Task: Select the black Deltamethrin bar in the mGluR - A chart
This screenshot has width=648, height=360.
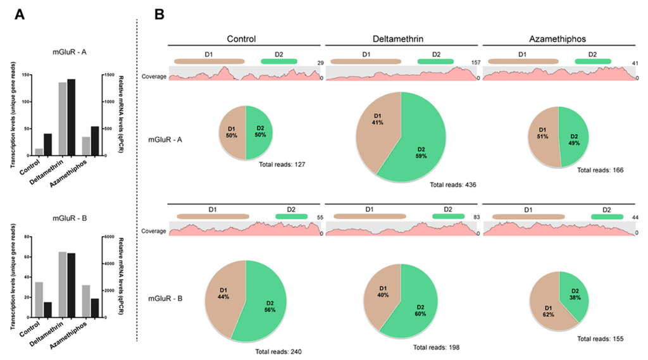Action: click(71, 117)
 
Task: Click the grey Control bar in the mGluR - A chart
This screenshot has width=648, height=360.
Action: click(39, 152)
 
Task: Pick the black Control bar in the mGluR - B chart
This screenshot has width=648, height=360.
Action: click(47, 310)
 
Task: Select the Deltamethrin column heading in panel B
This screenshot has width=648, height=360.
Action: click(403, 39)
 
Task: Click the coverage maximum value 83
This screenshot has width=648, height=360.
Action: click(476, 217)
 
